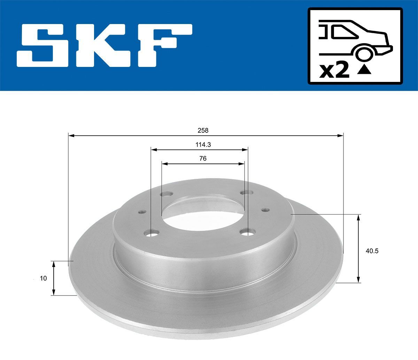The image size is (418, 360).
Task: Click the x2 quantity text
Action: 334,71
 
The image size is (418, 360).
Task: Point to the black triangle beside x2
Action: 364,71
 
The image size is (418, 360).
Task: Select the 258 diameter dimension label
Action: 203,130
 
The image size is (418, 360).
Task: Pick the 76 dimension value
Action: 203,158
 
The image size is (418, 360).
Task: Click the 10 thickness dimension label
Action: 43,278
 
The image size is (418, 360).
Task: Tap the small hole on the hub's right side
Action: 265,210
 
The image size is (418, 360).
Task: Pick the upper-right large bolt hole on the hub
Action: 247,193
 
